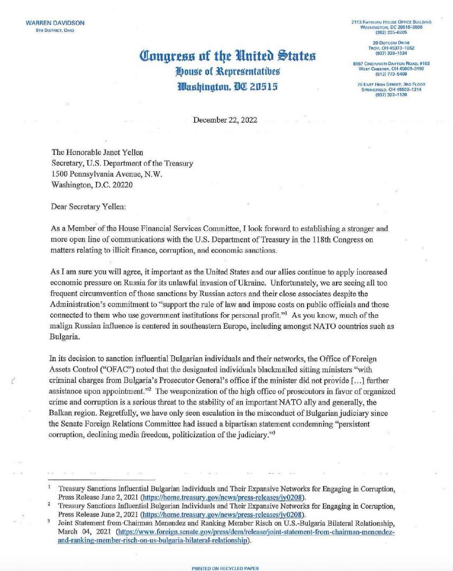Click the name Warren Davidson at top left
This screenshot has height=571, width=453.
point(55,23)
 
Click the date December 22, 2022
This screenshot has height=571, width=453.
point(225,120)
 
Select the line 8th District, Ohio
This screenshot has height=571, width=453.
point(52,30)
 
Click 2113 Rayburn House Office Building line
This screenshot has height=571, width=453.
point(391,22)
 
